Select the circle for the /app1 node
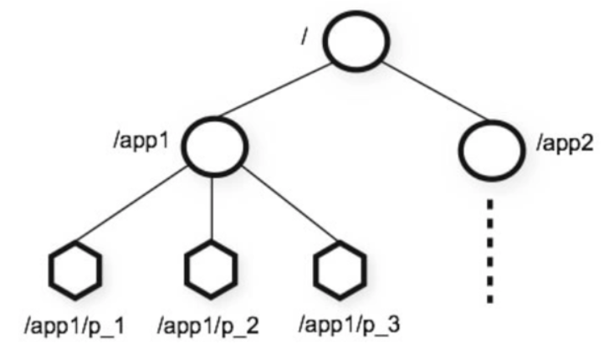212,143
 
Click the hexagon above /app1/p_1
74,270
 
